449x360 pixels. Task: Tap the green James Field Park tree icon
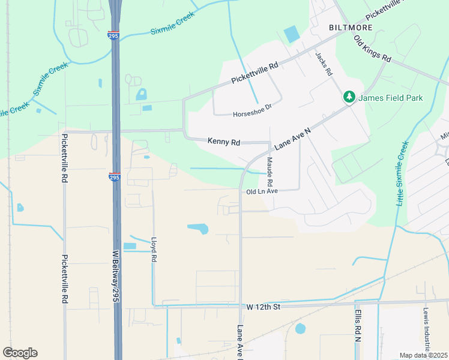click(349, 97)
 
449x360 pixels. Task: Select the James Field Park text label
click(391, 98)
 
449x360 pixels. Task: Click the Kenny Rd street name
click(224, 142)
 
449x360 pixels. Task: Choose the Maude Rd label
click(270, 171)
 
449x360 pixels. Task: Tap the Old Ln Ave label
click(262, 191)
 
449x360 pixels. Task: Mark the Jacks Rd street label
click(324, 63)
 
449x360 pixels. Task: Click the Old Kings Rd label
click(373, 50)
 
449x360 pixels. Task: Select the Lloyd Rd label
click(154, 248)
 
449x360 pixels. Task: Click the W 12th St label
click(264, 307)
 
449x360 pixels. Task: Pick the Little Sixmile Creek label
click(402, 173)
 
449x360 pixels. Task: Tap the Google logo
click(20, 353)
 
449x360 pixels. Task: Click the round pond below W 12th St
click(300, 328)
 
